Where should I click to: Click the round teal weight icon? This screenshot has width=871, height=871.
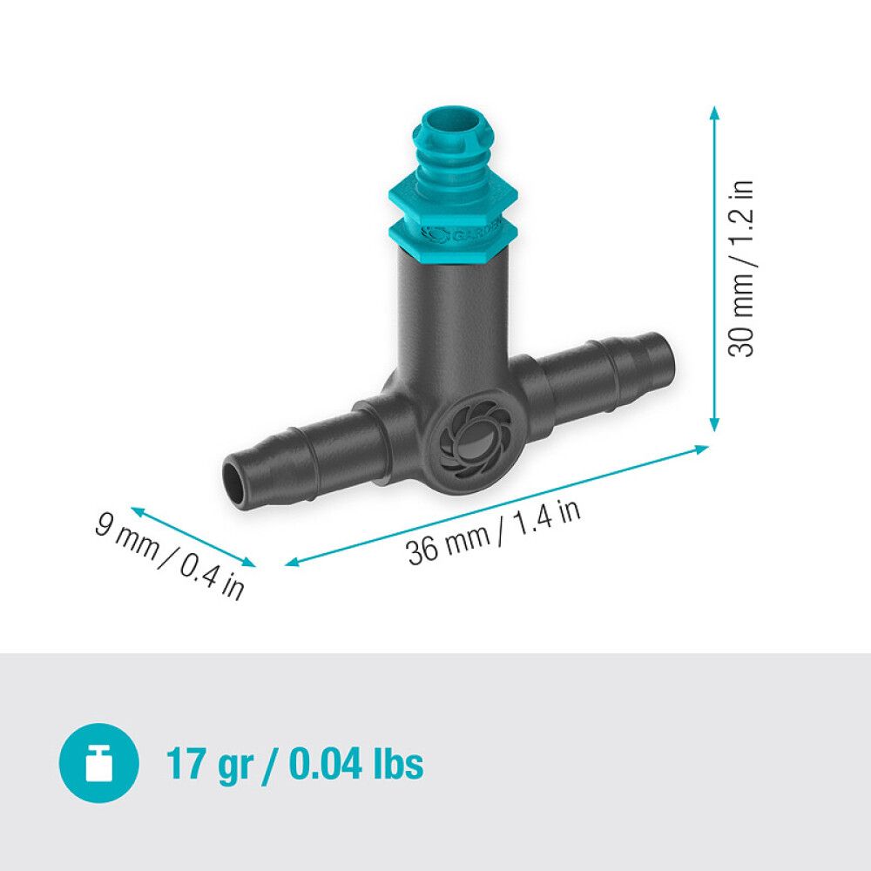pyautogui.click(x=98, y=764)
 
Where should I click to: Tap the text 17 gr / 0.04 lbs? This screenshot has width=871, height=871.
pyautogui.click(x=294, y=765)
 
